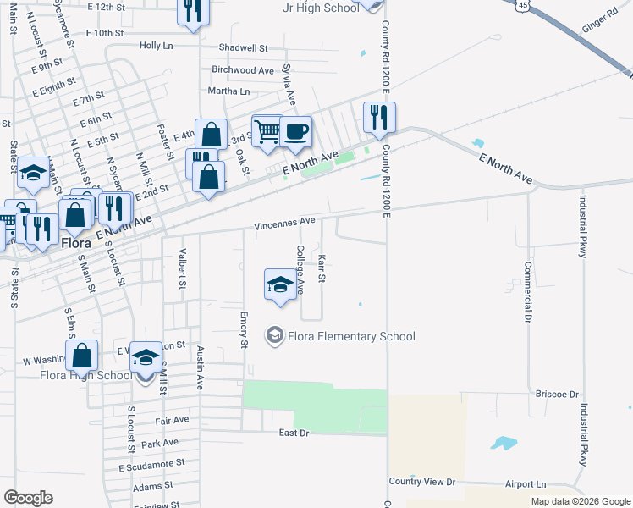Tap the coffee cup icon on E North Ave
[x=296, y=132]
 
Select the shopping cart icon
[x=267, y=130]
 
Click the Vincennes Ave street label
[x=285, y=221]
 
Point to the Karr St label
[x=322, y=265]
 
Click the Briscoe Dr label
[x=556, y=395]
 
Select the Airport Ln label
[x=526, y=483]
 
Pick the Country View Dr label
[x=421, y=482]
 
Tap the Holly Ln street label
[x=156, y=45]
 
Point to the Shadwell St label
[x=243, y=48]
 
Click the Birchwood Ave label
[x=243, y=70]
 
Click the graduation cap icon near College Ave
[x=282, y=284]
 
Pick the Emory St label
[x=244, y=330]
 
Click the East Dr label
[x=294, y=433]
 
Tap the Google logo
[x=28, y=497]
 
